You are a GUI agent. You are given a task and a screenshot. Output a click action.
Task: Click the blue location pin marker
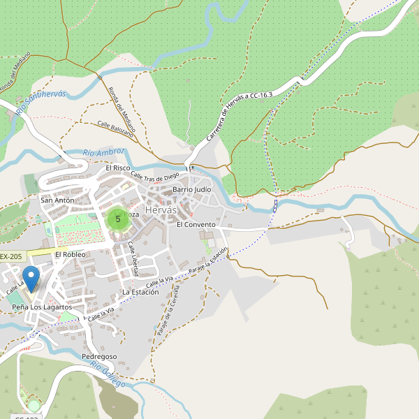[31, 280]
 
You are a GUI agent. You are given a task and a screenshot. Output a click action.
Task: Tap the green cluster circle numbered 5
[117, 219]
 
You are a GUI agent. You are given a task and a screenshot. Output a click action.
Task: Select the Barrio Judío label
[191, 189]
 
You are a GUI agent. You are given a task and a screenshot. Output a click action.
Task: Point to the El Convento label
[196, 225]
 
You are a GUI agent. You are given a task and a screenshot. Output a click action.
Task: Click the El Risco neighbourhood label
[118, 168]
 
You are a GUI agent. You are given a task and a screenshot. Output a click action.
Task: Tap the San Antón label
[57, 200]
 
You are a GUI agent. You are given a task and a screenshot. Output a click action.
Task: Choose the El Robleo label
[70, 255]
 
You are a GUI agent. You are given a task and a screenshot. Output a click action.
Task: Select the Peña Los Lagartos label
[42, 307]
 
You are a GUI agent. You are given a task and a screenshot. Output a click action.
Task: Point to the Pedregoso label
[99, 357]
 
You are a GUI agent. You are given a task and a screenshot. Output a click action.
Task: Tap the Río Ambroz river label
[103, 152]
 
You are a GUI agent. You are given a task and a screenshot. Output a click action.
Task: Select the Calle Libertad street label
[133, 258]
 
